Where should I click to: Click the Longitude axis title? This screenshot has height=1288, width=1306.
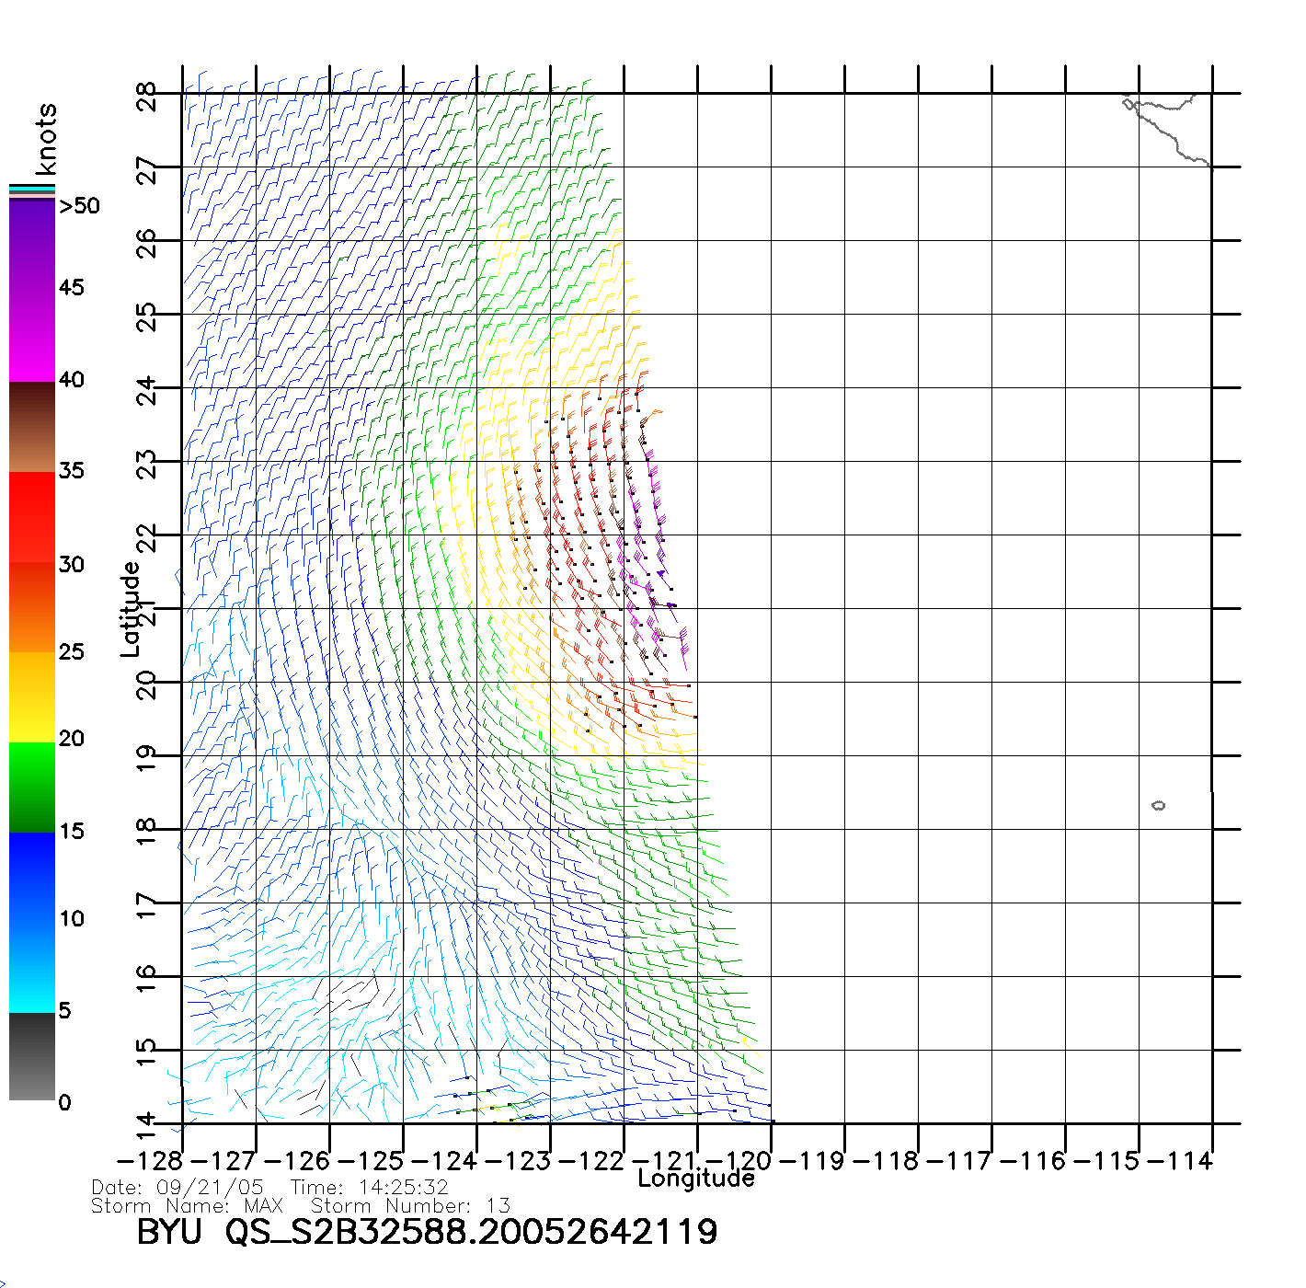(696, 1179)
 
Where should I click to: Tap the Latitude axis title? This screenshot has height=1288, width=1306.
(131, 609)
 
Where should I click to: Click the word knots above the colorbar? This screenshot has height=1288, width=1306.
(46, 139)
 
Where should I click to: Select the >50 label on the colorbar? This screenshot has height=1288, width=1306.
(79, 206)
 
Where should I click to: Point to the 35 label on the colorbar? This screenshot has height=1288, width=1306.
(71, 471)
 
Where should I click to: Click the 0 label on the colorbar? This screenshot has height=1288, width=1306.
(64, 1102)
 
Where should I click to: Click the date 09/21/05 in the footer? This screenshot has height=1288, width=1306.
(210, 1188)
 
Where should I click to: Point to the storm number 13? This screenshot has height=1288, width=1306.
(498, 1205)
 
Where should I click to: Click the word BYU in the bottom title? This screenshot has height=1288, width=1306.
(169, 1231)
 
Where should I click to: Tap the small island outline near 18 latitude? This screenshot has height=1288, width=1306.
(1158, 806)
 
